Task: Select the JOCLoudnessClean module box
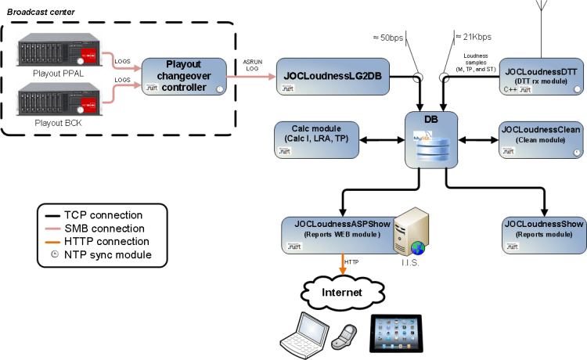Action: coord(541,139)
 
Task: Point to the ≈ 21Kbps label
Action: coord(474,37)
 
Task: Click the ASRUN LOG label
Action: coord(251,64)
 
